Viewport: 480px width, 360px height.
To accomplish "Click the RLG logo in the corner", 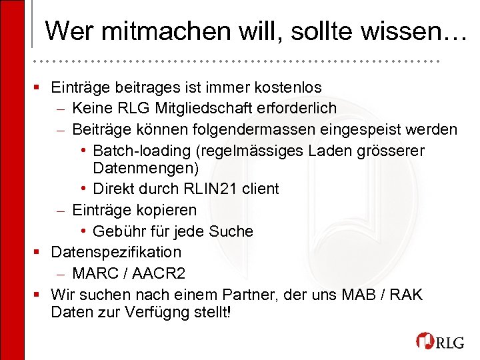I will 441,341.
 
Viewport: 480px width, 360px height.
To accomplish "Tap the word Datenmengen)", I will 146,166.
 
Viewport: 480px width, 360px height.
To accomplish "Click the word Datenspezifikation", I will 116,252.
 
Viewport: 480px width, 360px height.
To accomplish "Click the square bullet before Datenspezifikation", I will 40,253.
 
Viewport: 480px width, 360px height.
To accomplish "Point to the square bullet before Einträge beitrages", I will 40,87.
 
